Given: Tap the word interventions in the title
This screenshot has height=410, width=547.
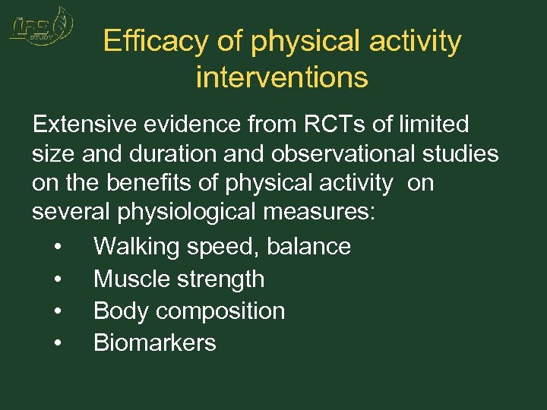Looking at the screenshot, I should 282,77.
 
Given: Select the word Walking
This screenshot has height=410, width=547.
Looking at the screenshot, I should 136,246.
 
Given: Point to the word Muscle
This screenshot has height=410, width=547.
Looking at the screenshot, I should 131,279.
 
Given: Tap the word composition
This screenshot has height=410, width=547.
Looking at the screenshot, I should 223,311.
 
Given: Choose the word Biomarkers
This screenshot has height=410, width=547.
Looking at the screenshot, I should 155,342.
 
